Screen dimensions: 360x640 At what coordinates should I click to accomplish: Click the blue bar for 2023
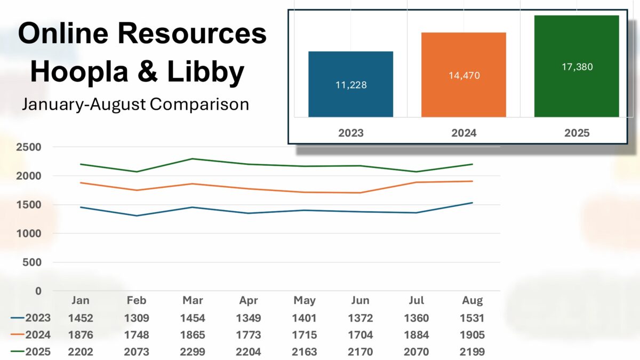click(350, 84)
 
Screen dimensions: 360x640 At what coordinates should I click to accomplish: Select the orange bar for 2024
click(463, 75)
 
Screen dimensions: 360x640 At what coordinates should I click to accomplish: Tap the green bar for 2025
click(577, 66)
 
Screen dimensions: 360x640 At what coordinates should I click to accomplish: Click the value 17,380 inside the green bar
click(577, 67)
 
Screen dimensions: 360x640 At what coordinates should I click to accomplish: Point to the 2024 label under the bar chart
click(463, 133)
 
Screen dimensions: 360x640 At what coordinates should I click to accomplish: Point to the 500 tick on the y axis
click(34, 262)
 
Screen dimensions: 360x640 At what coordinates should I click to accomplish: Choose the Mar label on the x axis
click(193, 300)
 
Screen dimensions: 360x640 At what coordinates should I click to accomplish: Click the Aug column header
click(473, 300)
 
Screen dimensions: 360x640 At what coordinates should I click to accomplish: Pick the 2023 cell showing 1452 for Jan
click(81, 318)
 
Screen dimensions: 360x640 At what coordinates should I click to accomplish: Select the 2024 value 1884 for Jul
click(416, 335)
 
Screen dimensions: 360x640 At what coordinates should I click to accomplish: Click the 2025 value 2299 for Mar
click(193, 352)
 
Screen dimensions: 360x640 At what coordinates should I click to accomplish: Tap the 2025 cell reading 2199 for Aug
click(473, 352)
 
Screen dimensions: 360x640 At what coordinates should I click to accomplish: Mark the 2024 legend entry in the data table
click(31, 335)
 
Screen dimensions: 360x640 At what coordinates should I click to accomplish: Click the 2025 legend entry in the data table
click(31, 352)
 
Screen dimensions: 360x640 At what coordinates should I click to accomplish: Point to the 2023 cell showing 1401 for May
click(305, 318)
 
